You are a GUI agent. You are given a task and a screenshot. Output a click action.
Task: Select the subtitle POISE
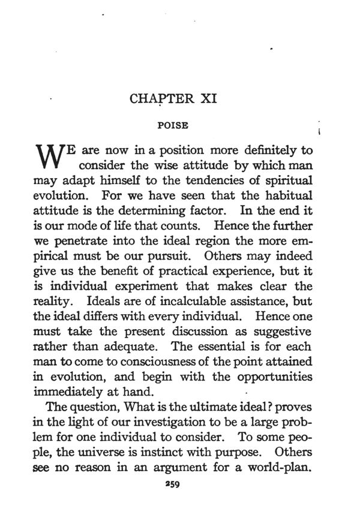tap(173, 126)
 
